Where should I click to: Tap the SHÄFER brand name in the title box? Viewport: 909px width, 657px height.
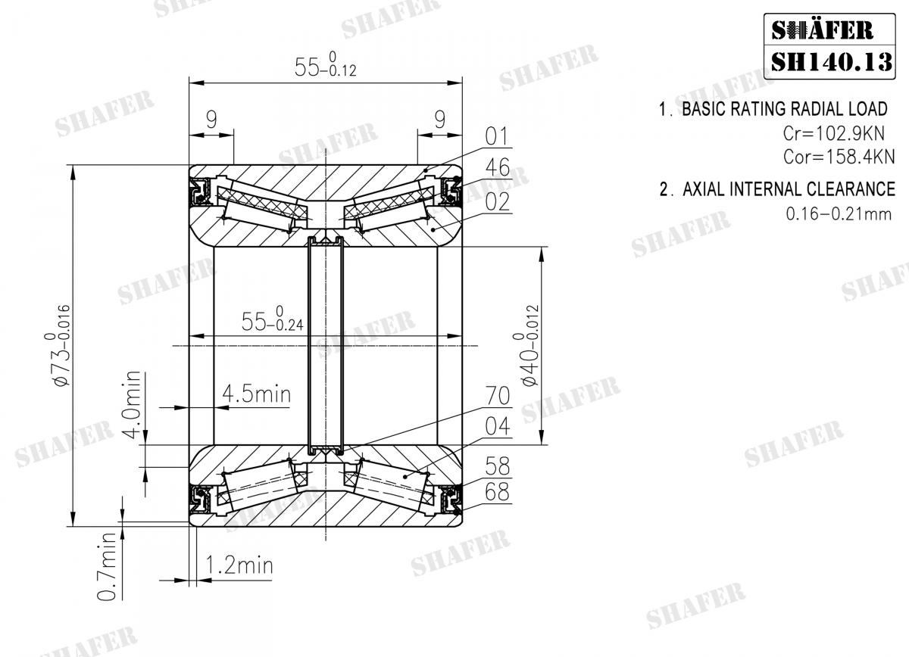tap(822, 30)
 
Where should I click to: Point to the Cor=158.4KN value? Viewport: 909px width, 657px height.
tap(839, 157)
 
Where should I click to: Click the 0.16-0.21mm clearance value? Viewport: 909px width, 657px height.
tap(839, 213)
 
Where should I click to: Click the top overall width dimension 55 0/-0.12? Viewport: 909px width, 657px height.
tap(326, 67)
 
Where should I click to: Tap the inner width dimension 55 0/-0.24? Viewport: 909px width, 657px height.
tap(273, 320)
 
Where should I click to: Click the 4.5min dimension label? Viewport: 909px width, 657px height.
tap(256, 394)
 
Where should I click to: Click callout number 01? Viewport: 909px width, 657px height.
tap(496, 136)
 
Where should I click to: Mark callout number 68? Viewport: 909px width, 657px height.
tap(496, 492)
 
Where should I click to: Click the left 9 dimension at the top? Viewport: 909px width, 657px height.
tap(211, 118)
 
